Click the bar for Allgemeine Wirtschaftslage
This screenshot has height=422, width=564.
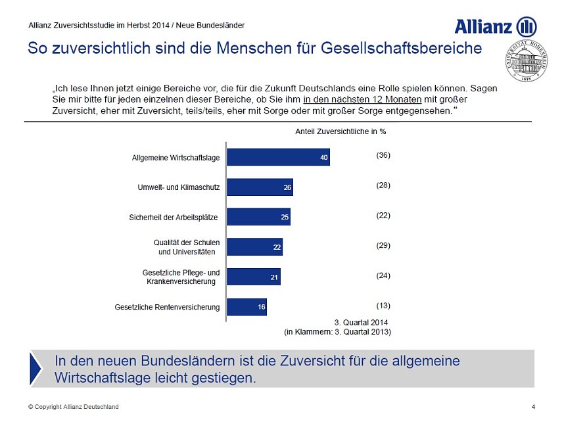tap(278, 156)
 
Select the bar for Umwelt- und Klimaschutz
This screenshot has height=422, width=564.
tap(260, 187)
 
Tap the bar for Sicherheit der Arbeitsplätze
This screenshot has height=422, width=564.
tap(258, 217)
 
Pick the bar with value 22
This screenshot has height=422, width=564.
tap(254, 247)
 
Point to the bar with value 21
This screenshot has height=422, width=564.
tap(253, 277)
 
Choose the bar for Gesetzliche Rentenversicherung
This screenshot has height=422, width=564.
tap(247, 307)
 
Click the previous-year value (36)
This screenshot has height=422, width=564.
tap(383, 155)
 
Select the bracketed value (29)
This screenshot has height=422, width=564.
tap(383, 245)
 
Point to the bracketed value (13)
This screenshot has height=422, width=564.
tap(383, 306)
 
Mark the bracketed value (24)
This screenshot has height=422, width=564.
tap(383, 275)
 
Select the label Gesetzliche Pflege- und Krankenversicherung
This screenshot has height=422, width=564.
tap(181, 277)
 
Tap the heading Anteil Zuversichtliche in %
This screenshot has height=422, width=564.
tap(341, 131)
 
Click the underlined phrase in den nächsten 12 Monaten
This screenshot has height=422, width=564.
tap(362, 99)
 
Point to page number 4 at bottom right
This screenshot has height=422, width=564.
tap(532, 407)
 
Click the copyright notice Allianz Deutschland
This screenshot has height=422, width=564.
tap(73, 407)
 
